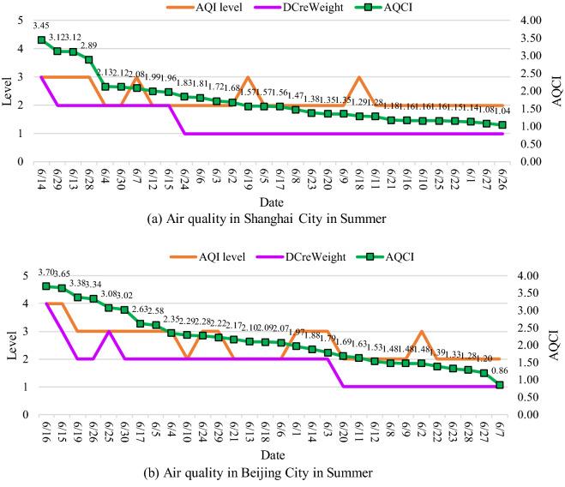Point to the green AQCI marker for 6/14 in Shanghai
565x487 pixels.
tap(41, 40)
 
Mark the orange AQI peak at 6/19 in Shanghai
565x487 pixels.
tap(247, 77)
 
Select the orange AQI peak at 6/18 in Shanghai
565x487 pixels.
tap(358, 77)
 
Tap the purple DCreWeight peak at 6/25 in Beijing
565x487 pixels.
tap(109, 331)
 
